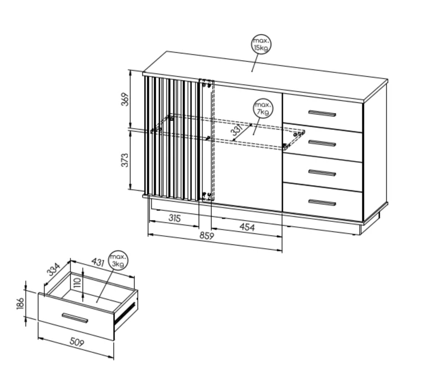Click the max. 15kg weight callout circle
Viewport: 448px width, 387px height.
pos(261,44)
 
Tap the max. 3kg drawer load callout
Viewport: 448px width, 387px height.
pos(118,261)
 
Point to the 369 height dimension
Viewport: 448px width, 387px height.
pos(125,99)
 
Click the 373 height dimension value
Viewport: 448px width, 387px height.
pos(125,160)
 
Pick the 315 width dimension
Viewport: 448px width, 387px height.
pos(175,218)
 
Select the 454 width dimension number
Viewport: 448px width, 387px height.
pos(247,227)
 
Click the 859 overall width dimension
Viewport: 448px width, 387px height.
pos(206,236)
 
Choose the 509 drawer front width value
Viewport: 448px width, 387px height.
pos(77,342)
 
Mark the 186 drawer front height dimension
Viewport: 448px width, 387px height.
pos(20,304)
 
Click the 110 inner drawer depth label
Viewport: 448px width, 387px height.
pos(77,283)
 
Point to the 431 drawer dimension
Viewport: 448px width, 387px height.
pos(98,262)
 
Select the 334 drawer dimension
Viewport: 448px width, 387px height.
pos(54,269)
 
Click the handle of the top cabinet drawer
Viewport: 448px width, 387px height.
pos(322,114)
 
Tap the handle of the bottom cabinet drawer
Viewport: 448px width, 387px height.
pos(322,202)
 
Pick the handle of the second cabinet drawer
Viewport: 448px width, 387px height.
pos(322,143)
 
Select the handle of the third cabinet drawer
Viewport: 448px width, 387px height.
pos(322,173)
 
